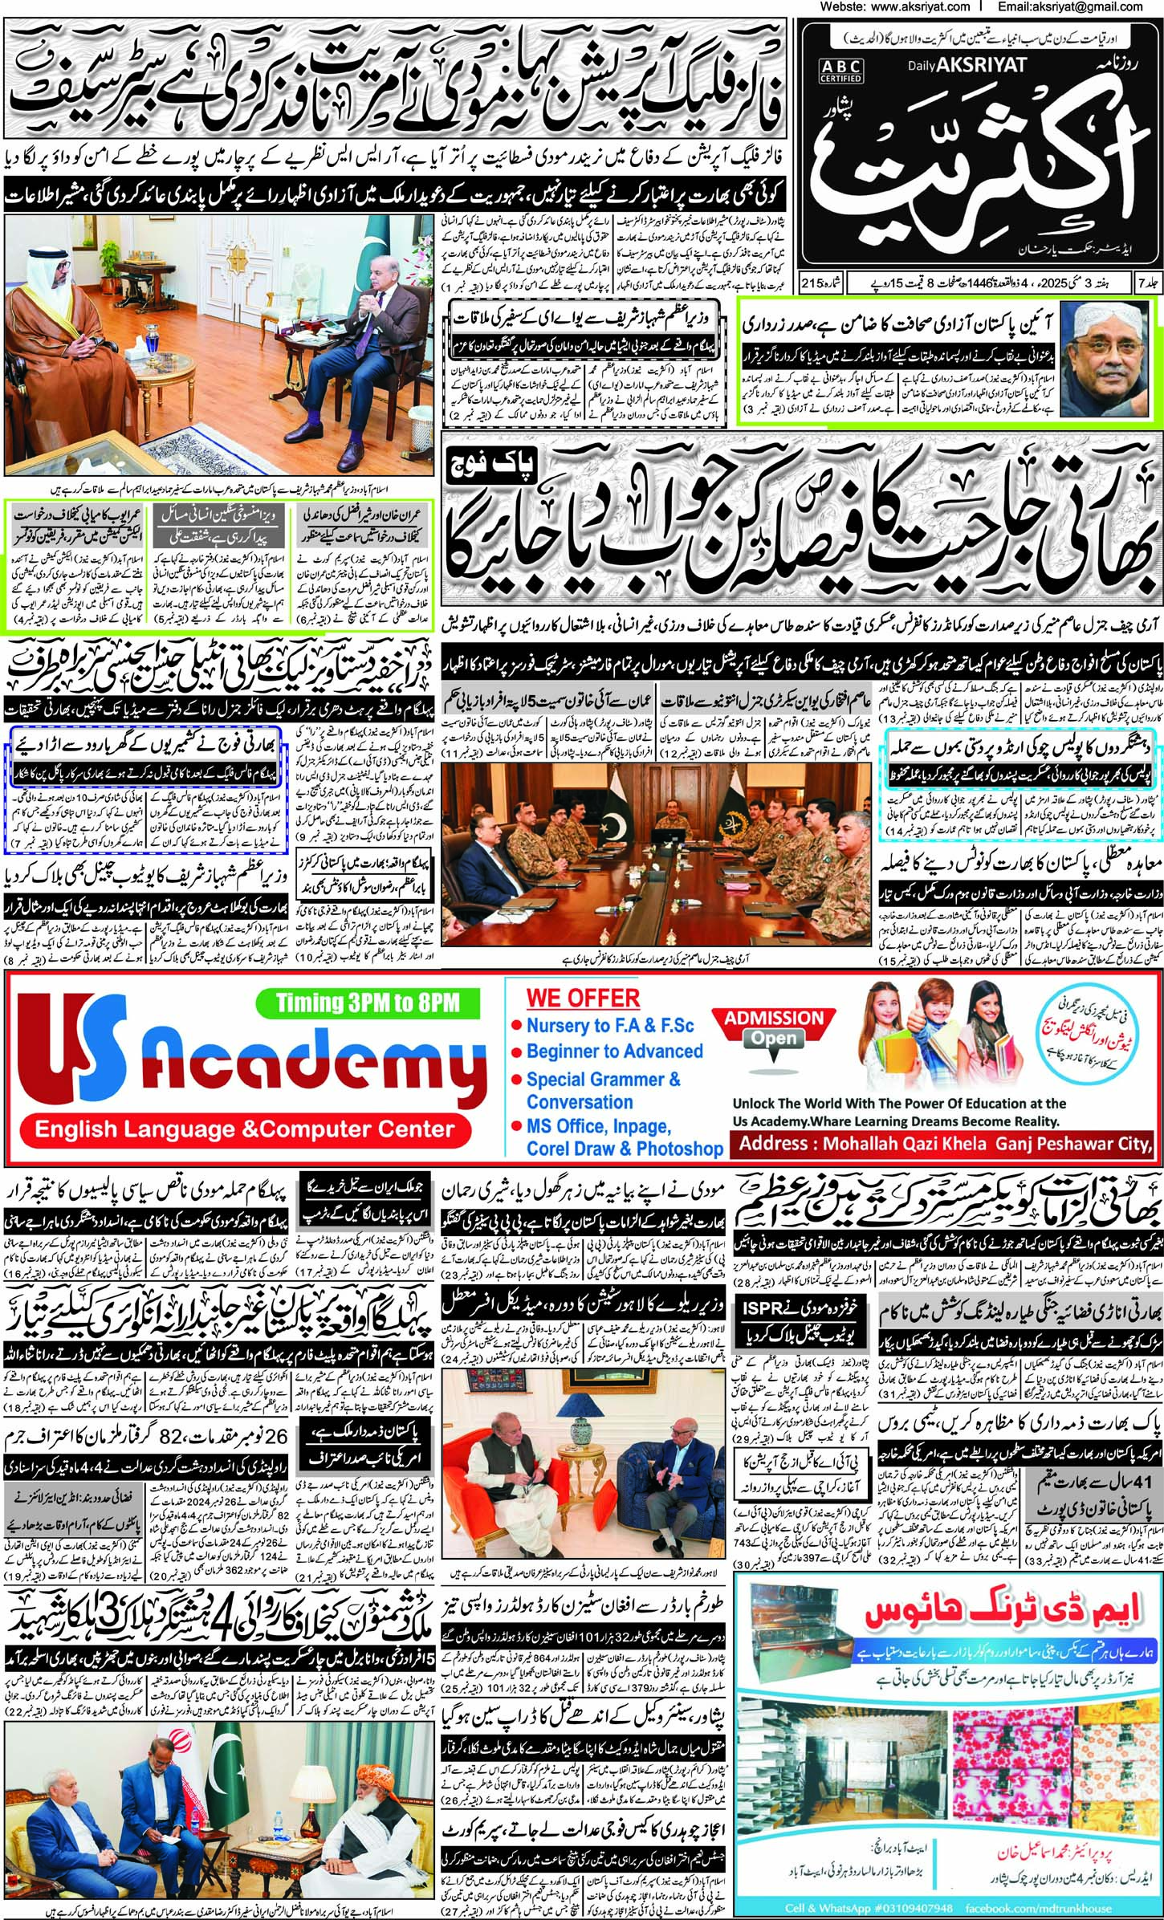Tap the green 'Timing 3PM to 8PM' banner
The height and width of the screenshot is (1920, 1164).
point(368,1003)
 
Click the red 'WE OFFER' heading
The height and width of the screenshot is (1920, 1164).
point(583,999)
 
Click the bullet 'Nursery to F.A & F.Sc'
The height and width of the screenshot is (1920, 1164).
point(609,1026)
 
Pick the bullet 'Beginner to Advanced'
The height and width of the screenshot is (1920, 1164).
point(614,1052)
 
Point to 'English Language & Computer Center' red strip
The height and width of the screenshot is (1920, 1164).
point(245,1130)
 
